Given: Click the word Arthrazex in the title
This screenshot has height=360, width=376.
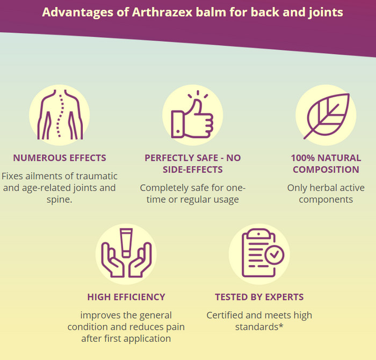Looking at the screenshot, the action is (162, 12).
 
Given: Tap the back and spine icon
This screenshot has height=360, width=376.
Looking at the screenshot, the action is (60, 115).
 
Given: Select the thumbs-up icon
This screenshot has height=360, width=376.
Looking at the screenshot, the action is (192, 114).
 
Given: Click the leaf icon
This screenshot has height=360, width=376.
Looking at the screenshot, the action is (327, 116).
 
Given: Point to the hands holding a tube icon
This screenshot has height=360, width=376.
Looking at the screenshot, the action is (126, 253).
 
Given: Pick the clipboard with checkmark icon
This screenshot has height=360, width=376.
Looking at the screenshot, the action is (263, 253).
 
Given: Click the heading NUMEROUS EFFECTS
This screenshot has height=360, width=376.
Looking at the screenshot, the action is (60, 158).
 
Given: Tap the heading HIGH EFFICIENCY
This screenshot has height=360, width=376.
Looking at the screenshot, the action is (126, 297).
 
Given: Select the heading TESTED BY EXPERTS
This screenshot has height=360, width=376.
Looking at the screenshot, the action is (259, 297).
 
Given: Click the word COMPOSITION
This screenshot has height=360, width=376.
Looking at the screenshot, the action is (326, 170).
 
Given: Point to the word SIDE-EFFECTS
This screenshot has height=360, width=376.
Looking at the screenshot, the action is (192, 170).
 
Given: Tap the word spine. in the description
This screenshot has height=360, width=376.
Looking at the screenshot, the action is (60, 200).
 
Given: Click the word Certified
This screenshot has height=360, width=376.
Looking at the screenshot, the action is (225, 315).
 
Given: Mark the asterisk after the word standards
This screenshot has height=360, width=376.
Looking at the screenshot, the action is (281, 326).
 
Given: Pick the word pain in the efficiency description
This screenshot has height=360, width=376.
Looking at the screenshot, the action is (177, 327).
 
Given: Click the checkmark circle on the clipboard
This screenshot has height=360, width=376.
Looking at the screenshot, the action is (274, 255).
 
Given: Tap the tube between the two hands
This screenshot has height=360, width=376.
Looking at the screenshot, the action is (126, 243).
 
